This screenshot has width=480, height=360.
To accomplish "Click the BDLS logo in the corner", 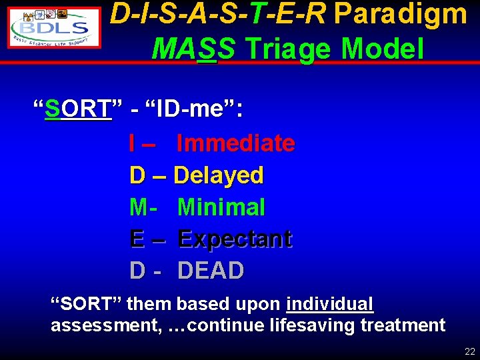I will [54, 28].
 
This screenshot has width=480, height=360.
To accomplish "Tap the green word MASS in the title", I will [193, 48].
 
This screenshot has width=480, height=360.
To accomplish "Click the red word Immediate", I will [236, 143].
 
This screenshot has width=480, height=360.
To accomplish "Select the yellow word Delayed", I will [219, 175].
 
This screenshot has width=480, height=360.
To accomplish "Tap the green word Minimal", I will [221, 207].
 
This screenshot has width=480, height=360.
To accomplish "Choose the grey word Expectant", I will [235, 239].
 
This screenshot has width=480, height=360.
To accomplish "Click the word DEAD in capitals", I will [211, 271].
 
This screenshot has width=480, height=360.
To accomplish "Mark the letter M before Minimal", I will [139, 207].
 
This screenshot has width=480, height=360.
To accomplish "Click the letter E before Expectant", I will [137, 239].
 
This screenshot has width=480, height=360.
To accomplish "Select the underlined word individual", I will [329, 305].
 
